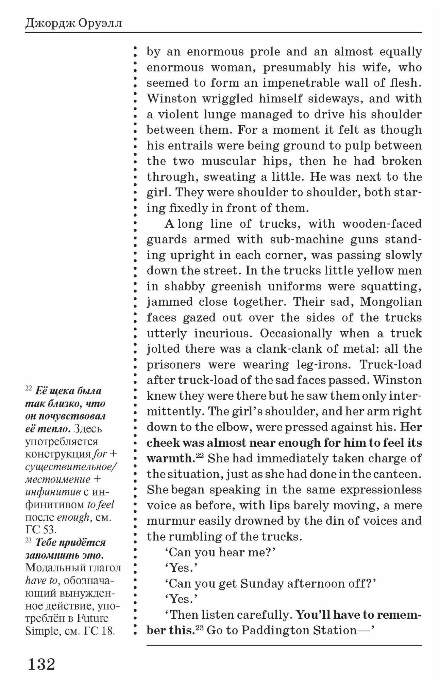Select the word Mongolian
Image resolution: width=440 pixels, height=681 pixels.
pos(391,302)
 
